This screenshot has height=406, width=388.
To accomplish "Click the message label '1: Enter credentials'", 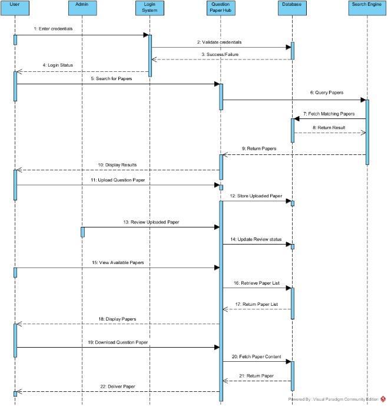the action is (54, 28).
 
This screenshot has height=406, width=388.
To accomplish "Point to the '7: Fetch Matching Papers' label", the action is (329, 113).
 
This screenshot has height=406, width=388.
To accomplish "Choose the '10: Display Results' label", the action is (118, 165).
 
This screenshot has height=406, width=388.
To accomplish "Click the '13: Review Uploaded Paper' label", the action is (151, 222).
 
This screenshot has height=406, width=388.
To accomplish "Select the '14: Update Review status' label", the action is (256, 239).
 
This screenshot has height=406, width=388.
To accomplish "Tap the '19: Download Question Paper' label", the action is (118, 342).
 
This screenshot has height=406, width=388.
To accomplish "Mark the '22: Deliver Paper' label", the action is (118, 387).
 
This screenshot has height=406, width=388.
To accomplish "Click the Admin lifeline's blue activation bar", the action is (82, 232).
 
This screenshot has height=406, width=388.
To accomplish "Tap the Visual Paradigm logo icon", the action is (383, 400).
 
